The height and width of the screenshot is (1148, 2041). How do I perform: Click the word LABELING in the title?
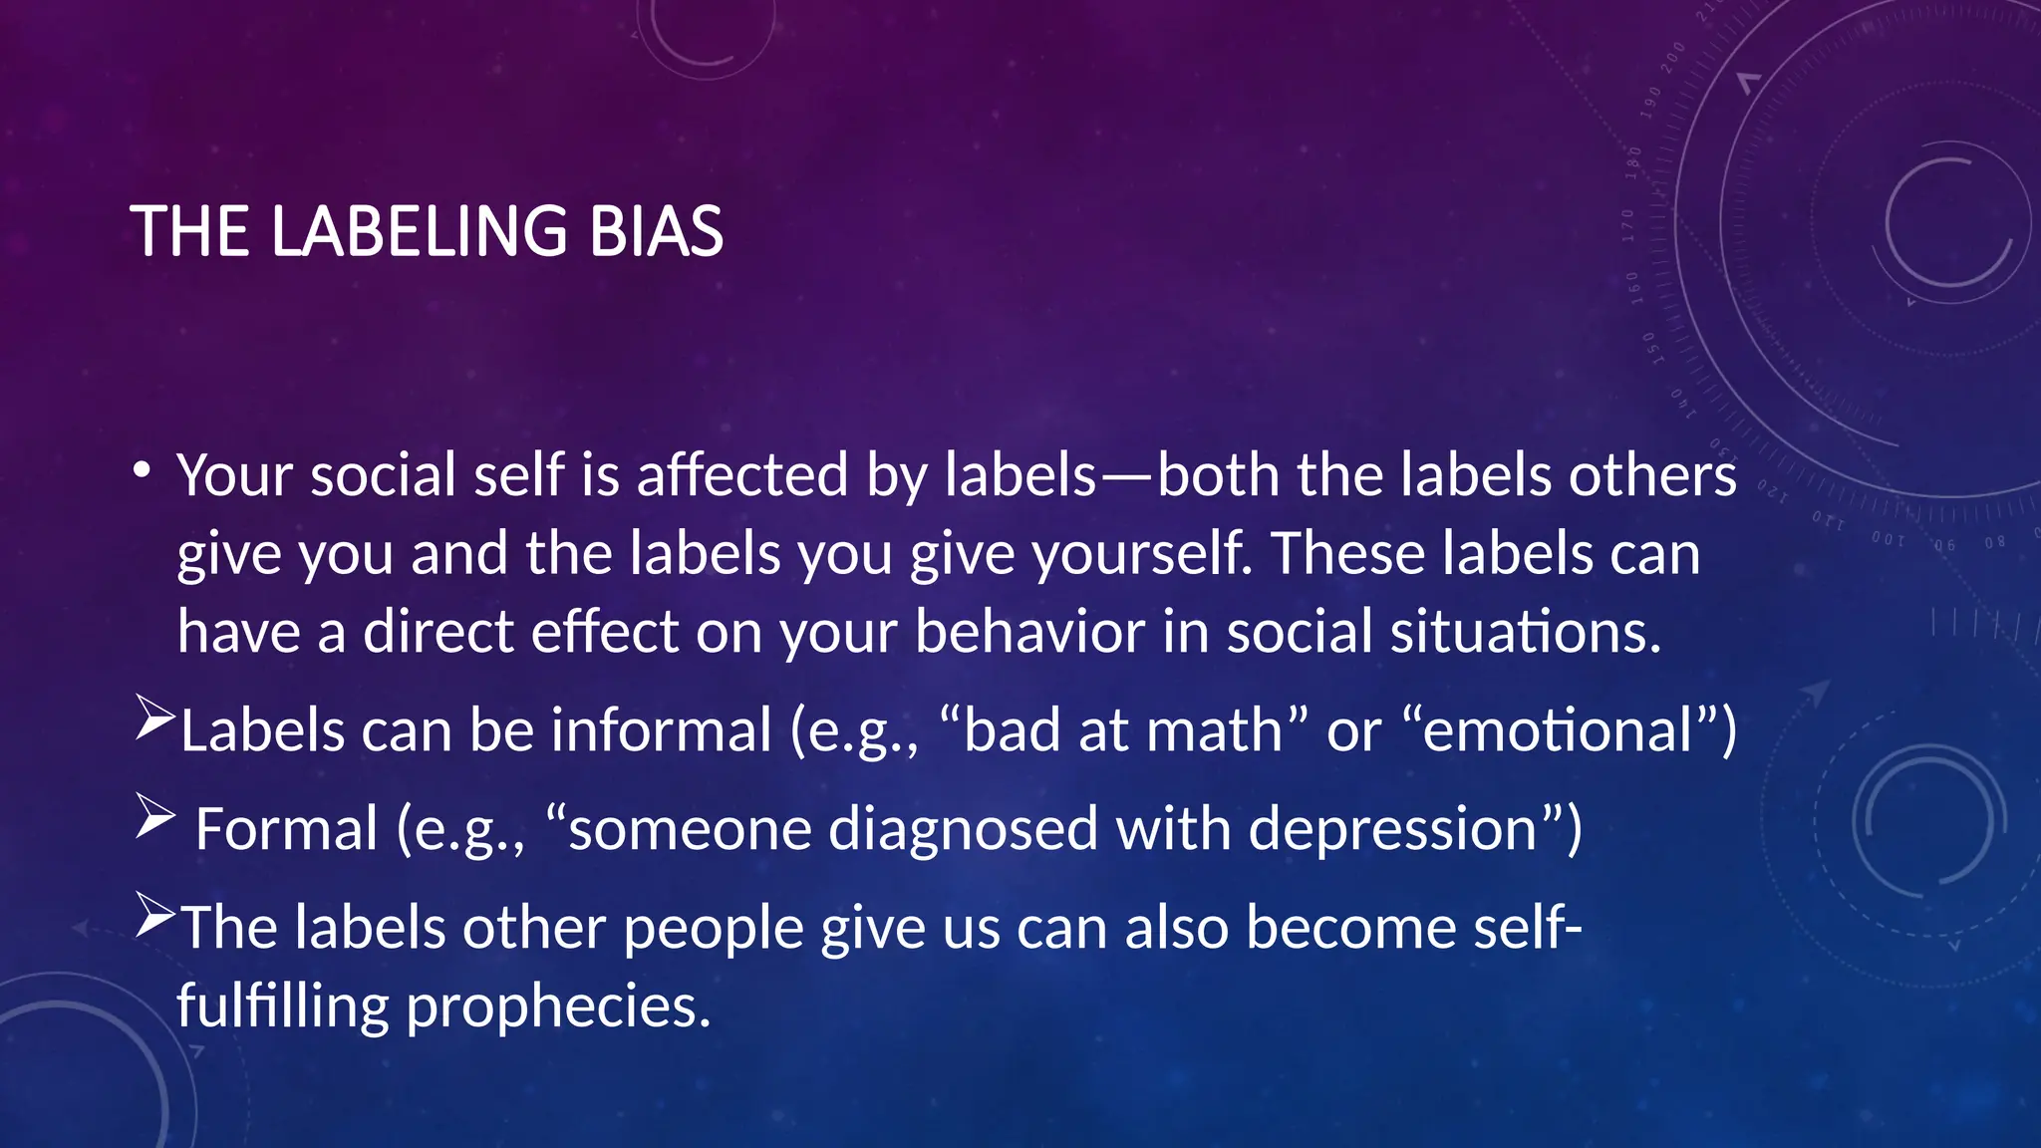pos(420,231)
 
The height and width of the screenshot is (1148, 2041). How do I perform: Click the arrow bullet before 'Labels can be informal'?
pos(154,719)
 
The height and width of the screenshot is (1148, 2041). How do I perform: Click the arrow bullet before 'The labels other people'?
pos(154,916)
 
